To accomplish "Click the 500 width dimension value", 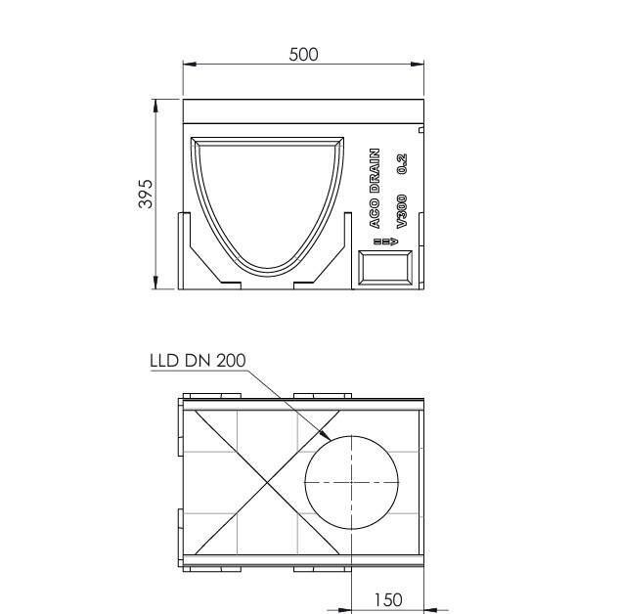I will [x=303, y=55].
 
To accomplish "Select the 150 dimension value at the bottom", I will [x=387, y=598].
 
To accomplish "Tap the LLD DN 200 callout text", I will [x=197, y=359].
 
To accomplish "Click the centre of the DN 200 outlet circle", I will [x=352, y=482].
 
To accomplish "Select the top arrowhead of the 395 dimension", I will [x=157, y=103].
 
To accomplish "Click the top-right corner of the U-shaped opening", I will [x=344, y=138].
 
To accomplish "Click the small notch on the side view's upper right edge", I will [x=421, y=129].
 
